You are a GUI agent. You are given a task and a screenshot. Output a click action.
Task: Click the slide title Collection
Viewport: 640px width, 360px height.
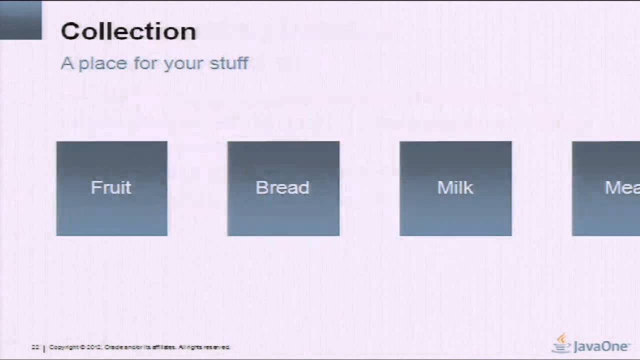(128, 31)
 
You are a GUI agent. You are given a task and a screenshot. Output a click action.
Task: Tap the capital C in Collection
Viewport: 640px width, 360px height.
(70, 31)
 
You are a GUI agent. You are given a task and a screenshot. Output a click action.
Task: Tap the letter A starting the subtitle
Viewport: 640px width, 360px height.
(66, 63)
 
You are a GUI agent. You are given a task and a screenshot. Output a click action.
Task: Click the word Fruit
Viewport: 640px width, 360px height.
(111, 187)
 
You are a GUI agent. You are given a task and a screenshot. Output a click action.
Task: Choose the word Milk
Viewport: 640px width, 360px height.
(455, 187)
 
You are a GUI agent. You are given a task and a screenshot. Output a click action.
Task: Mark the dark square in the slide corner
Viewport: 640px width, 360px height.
(20, 20)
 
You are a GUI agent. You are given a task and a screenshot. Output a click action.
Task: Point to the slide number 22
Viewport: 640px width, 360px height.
(35, 347)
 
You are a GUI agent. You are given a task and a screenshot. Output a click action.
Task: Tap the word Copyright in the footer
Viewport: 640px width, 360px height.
(63, 347)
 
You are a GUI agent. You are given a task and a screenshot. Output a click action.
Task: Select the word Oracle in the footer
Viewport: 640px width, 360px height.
(113, 347)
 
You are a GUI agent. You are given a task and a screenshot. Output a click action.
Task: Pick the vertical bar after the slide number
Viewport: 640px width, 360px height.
(43, 347)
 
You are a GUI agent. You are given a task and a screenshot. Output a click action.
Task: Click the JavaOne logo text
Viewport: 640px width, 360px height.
(601, 346)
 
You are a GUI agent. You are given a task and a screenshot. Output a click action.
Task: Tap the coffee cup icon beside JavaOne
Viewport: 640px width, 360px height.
(562, 344)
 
